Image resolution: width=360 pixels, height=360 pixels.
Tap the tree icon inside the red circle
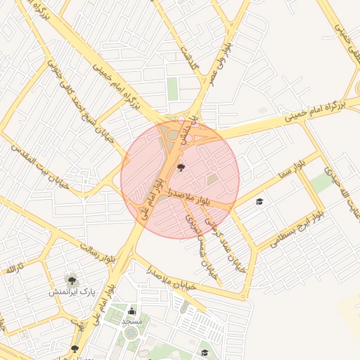(x=182, y=167)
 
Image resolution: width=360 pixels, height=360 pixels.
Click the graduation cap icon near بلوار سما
(x=259, y=202)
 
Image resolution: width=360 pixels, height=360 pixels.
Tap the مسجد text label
(x=131, y=321)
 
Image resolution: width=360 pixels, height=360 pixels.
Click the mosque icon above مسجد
(x=131, y=310)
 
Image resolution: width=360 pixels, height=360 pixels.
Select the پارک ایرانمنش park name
(x=71, y=291)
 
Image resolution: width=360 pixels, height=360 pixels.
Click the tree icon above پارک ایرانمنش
(x=70, y=280)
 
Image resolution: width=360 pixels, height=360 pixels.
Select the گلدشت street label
(x=190, y=56)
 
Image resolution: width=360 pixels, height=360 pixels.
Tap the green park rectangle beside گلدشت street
(x=173, y=89)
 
